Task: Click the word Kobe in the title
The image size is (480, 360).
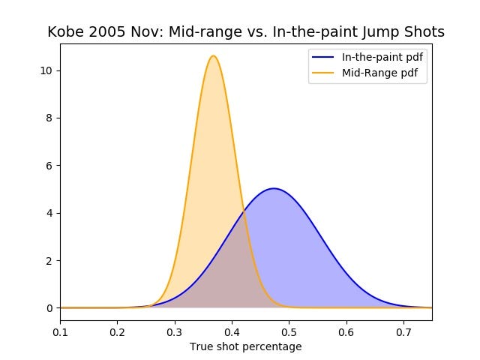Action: pyautogui.click(x=64, y=32)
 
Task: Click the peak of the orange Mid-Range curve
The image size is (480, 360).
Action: pyautogui.click(x=214, y=56)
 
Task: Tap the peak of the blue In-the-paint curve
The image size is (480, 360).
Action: pyautogui.click(x=274, y=189)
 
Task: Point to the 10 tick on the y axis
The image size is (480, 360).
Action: pyautogui.click(x=46, y=70)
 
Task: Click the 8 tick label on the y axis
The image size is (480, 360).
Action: pyautogui.click(x=49, y=118)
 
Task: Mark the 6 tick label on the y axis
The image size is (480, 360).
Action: pyautogui.click(x=49, y=165)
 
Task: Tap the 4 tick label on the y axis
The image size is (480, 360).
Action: pyautogui.click(x=49, y=213)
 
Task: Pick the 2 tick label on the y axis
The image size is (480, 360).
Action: pyautogui.click(x=49, y=260)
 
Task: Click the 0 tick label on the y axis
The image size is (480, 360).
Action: pyautogui.click(x=49, y=307)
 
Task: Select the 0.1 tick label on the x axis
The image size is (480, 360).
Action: pyautogui.click(x=60, y=330)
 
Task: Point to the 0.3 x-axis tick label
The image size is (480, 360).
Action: pyautogui.click(x=175, y=330)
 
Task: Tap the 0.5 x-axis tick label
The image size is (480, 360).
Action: pyautogui.click(x=289, y=330)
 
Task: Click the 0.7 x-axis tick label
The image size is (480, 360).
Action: pyautogui.click(x=403, y=330)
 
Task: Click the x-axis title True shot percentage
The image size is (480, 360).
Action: pyautogui.click(x=246, y=346)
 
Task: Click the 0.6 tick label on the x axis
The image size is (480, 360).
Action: pyautogui.click(x=346, y=330)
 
